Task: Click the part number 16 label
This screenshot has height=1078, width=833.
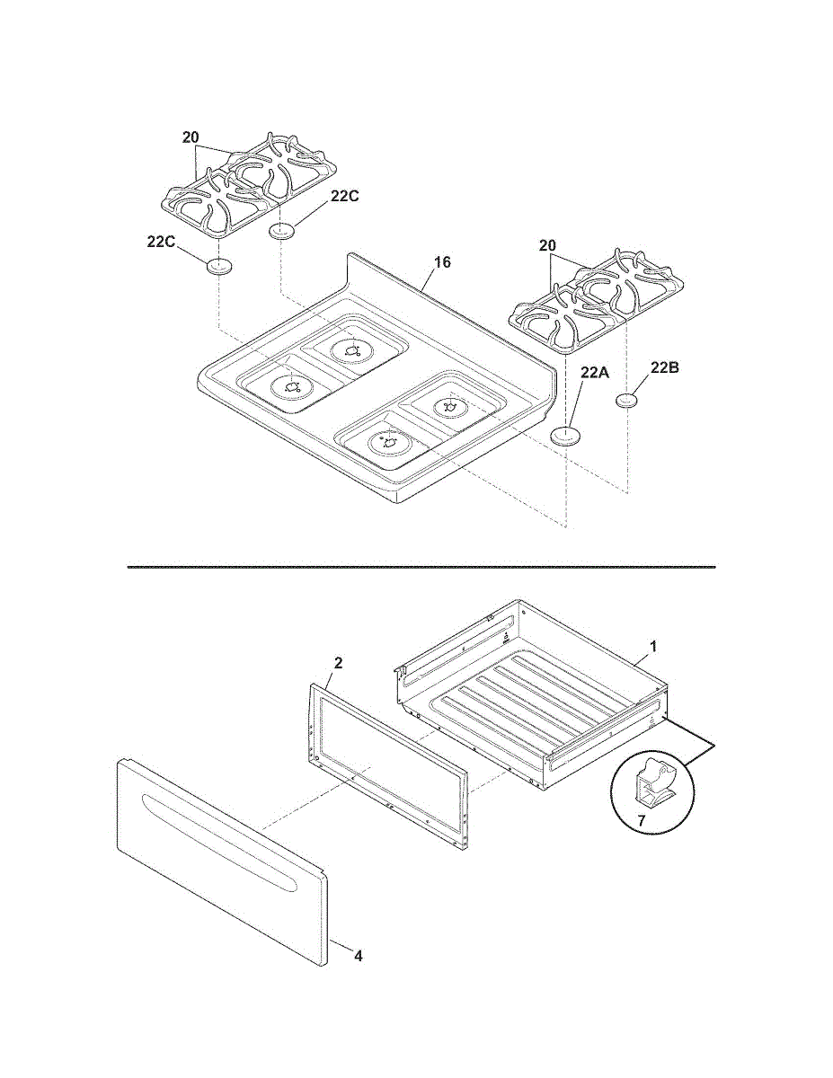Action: (x=442, y=262)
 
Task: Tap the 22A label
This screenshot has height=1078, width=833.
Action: (x=595, y=372)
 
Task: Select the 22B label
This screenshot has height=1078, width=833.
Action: (x=666, y=367)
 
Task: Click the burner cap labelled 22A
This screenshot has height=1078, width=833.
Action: (x=566, y=436)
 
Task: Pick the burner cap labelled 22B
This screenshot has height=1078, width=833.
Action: (x=626, y=400)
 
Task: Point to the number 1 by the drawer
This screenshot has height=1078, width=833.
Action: (x=653, y=646)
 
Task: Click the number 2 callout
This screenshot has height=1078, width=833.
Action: (x=338, y=663)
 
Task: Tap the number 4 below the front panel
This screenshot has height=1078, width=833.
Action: (x=358, y=956)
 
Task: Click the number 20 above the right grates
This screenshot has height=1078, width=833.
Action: (x=547, y=244)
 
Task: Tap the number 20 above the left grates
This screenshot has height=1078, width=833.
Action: (x=190, y=137)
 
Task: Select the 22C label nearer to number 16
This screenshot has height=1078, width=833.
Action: (x=344, y=198)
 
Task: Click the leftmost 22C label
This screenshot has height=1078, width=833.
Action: (x=161, y=241)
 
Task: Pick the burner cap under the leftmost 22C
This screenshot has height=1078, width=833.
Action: (x=218, y=266)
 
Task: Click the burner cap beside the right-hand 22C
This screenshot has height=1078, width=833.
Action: (x=282, y=232)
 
